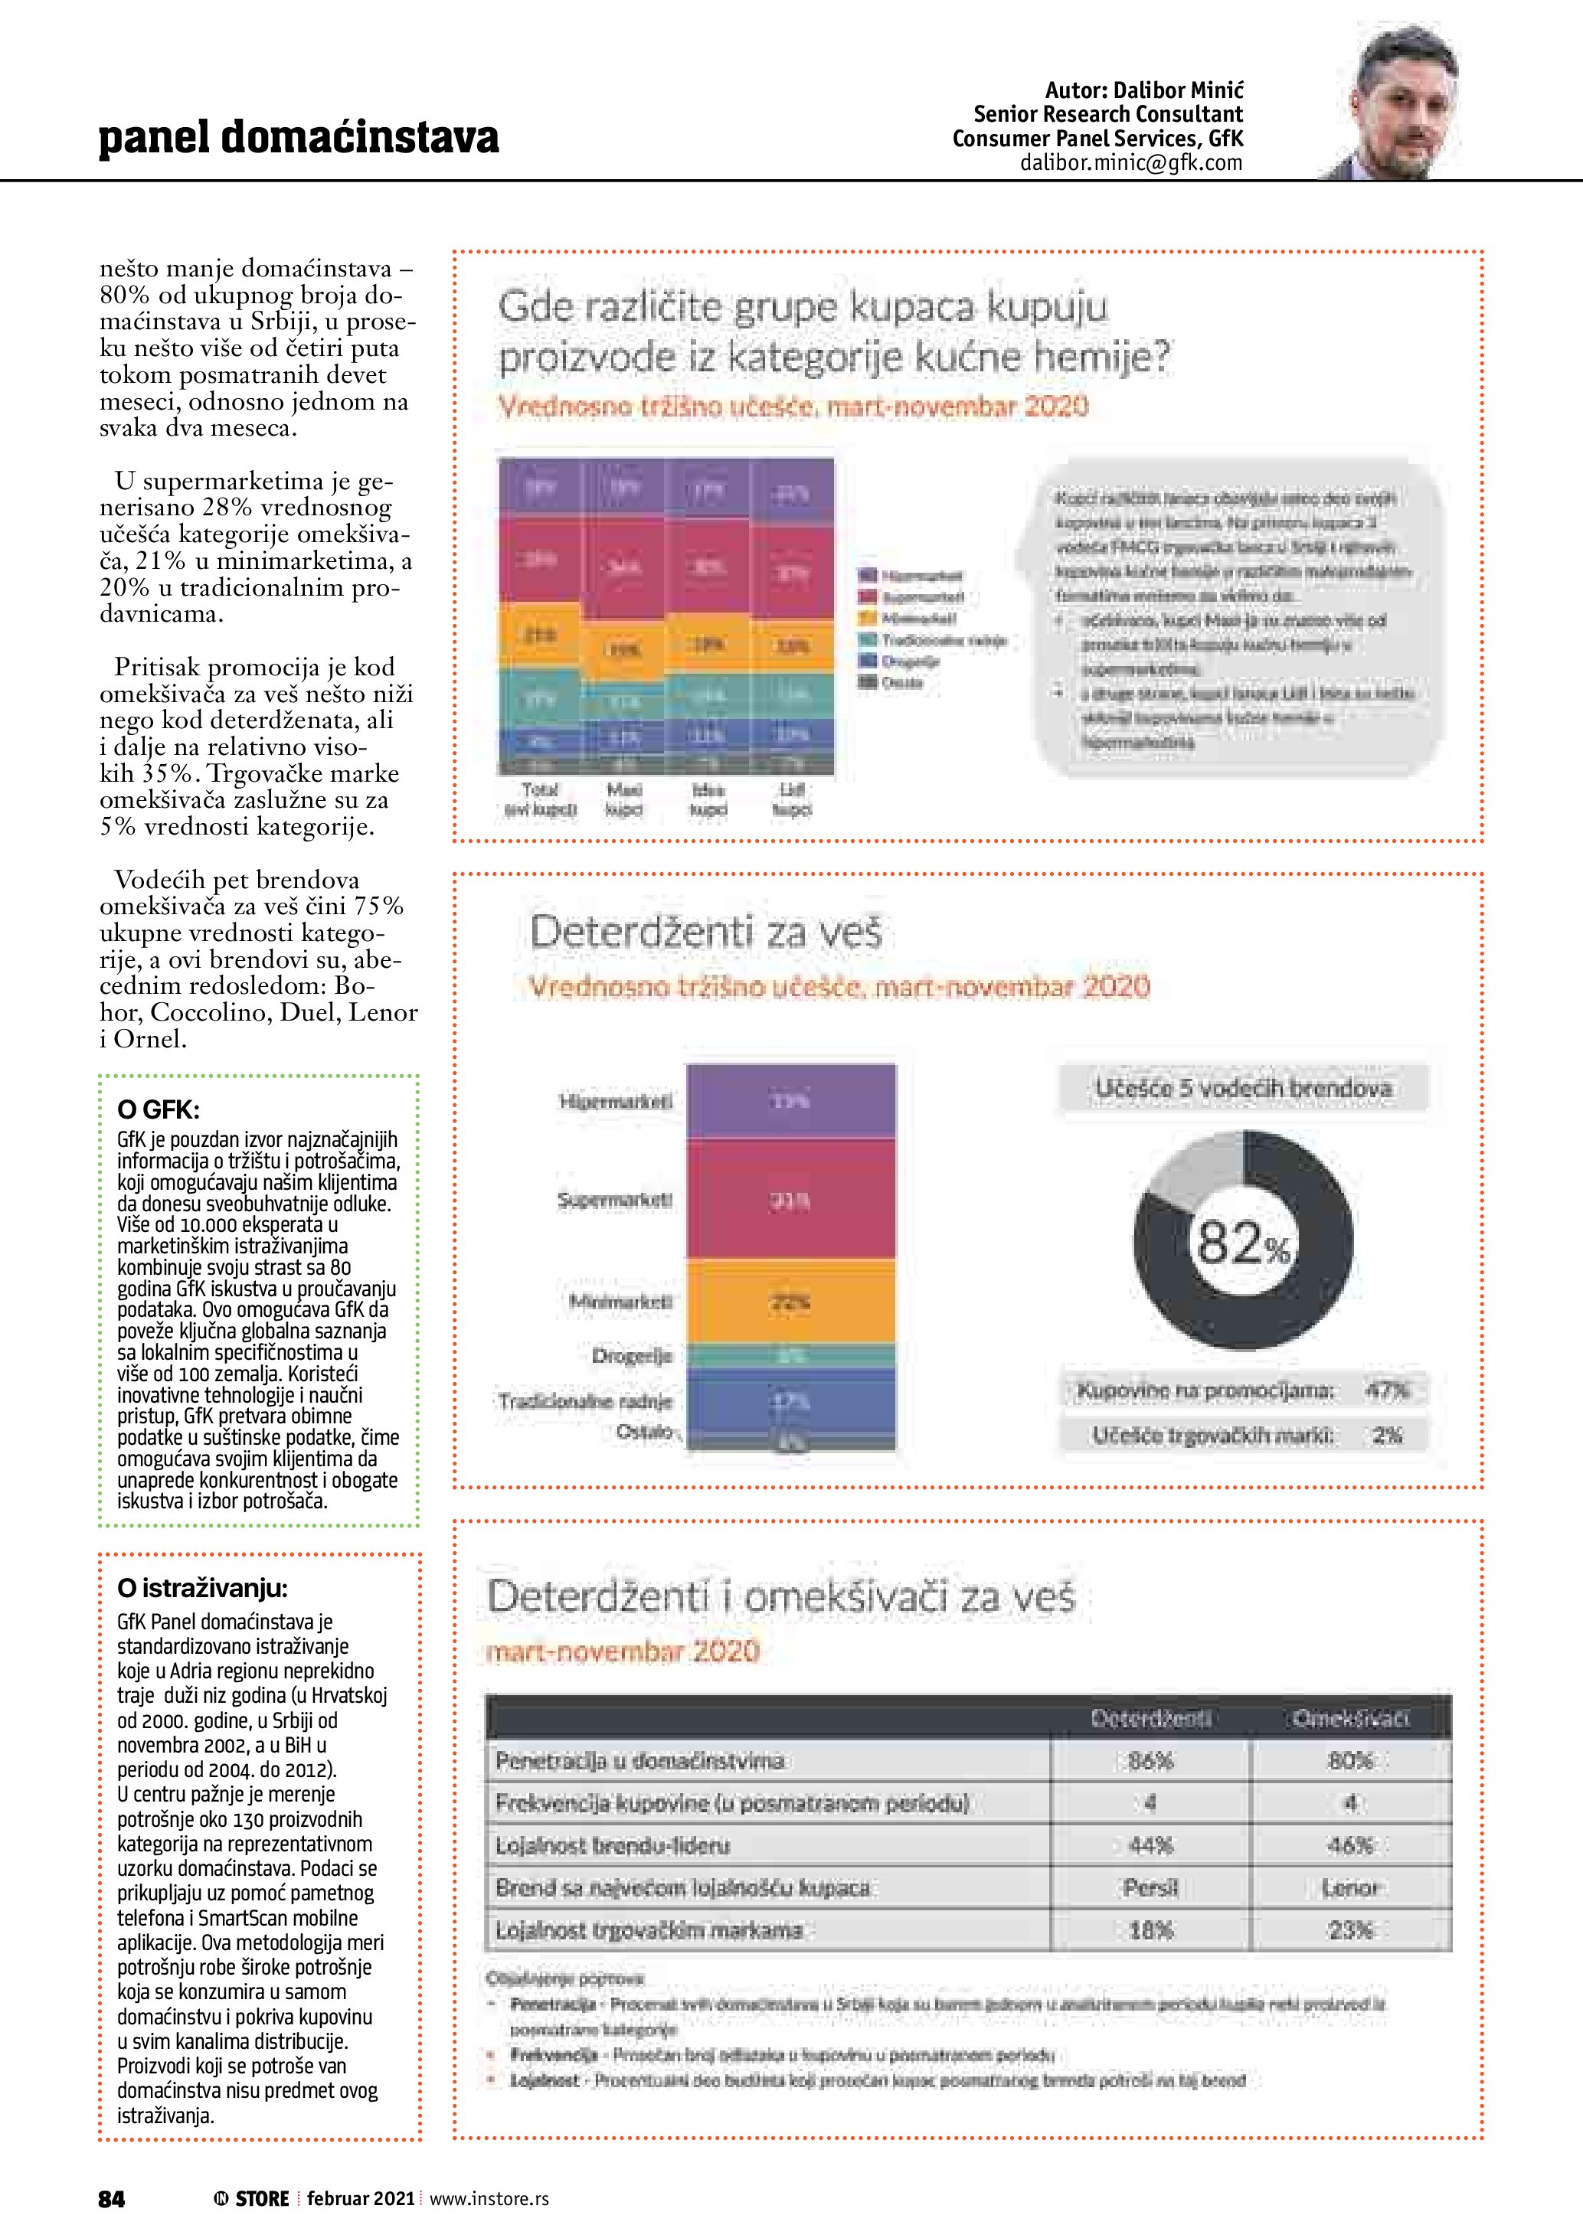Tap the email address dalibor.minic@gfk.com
click(1130, 164)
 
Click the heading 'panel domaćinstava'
click(298, 138)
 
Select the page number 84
click(111, 2198)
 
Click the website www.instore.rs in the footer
click(489, 2198)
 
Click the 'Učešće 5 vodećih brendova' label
click(1243, 1089)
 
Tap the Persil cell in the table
click(1150, 1888)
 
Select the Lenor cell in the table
click(1350, 1888)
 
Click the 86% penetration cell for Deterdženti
click(1150, 1761)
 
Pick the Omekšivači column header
click(1350, 1718)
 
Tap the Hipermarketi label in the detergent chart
click(615, 1103)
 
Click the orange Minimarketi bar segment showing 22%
click(790, 1302)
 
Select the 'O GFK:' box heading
click(158, 1109)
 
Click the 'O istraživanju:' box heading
click(201, 1589)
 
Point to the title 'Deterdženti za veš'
click(705, 933)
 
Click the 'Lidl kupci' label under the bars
click(792, 799)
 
